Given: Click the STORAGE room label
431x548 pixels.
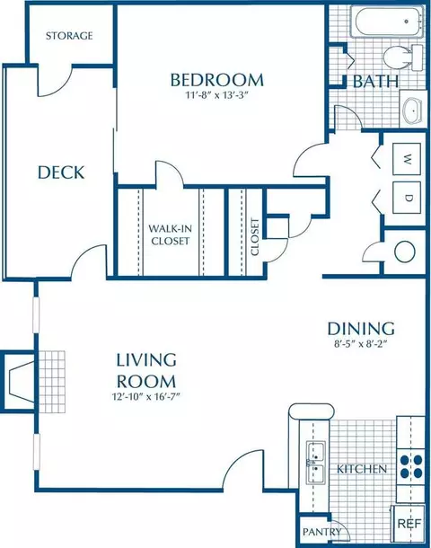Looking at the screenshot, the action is (x=69, y=36).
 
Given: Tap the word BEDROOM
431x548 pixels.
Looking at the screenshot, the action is (x=217, y=80).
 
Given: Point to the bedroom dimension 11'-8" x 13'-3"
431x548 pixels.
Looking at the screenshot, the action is (x=216, y=95).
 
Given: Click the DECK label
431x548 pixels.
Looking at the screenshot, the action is (x=61, y=172).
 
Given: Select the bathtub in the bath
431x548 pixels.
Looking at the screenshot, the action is (x=389, y=22).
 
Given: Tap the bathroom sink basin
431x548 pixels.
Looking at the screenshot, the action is (x=413, y=110).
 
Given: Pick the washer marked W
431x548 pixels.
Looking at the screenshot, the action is (x=407, y=159).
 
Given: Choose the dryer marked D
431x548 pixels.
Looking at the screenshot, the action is (x=407, y=198).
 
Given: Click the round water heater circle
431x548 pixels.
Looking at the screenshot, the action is (x=405, y=251).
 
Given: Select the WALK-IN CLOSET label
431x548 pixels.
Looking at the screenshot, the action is (x=170, y=234).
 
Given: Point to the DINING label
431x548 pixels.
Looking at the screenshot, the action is (x=361, y=329).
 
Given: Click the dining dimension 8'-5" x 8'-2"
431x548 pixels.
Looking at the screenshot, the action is (x=361, y=344).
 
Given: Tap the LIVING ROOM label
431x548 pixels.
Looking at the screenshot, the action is (x=146, y=371).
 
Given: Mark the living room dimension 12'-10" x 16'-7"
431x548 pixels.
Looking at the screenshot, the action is (x=146, y=397).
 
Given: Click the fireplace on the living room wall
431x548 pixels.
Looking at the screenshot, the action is (x=18, y=381).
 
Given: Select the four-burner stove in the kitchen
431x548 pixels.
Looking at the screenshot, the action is (x=411, y=466).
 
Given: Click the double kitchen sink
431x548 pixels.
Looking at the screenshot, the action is (x=316, y=463).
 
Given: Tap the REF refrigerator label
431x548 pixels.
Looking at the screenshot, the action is (x=409, y=524).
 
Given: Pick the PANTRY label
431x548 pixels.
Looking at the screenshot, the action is (x=321, y=532).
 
